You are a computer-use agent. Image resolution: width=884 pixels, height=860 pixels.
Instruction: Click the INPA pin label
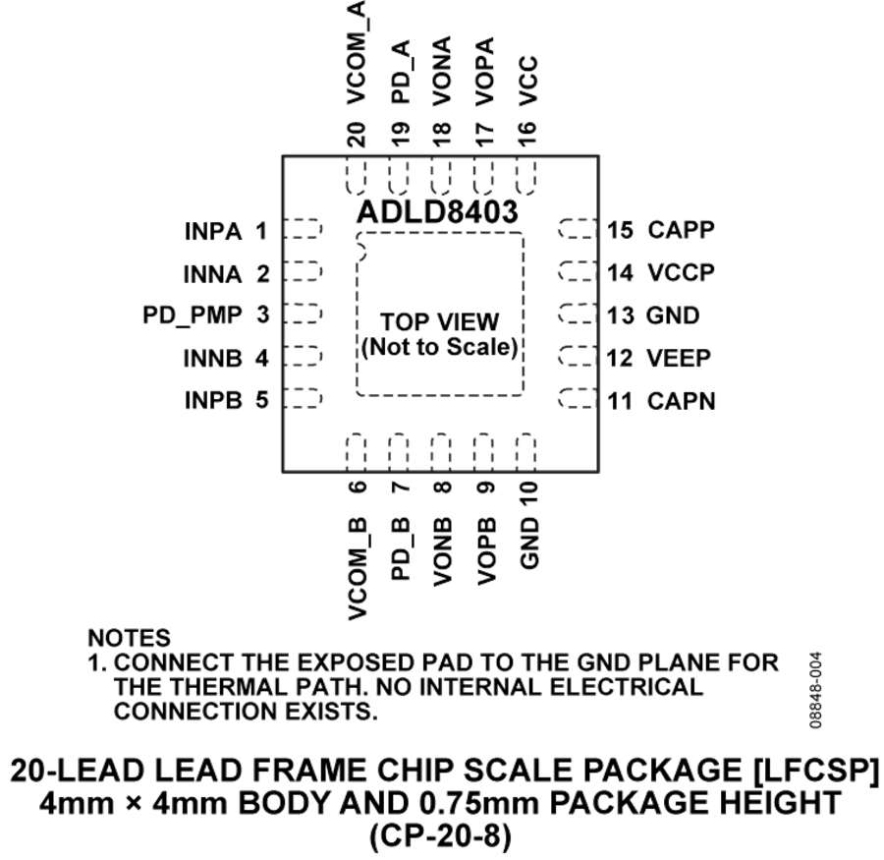pos(213,231)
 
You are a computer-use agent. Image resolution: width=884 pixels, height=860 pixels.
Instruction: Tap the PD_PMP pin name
pos(193,315)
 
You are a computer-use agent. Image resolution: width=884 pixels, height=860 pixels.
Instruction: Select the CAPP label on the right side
pos(681,230)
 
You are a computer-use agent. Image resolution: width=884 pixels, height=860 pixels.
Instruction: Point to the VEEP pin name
pos(679,358)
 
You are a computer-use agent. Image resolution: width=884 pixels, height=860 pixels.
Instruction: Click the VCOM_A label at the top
pos(357,52)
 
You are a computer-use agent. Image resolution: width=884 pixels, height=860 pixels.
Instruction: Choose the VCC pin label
pos(527,81)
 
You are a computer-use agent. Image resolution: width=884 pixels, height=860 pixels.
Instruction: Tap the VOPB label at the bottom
pos(486,550)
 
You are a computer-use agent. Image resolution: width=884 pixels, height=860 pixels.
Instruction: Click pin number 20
pos(357,135)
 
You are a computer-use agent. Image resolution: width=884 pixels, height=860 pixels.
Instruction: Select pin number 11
pos(620,401)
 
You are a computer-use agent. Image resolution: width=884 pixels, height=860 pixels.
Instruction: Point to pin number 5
pos(262,399)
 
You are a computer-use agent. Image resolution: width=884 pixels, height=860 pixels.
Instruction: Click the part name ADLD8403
pos(437,212)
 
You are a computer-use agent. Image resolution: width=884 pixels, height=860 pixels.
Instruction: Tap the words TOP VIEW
pos(440,322)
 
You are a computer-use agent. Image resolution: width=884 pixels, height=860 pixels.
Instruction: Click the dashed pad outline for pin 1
pos(303,229)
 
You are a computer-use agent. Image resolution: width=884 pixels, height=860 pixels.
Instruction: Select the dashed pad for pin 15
pos(578,229)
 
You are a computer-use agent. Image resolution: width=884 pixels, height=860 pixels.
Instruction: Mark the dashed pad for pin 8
pos(441,452)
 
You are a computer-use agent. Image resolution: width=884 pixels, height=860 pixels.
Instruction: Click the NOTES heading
pos(129,638)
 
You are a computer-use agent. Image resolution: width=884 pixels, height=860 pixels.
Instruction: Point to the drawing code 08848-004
pos(815,690)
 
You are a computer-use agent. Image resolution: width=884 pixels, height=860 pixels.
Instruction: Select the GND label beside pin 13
pos(673,315)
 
